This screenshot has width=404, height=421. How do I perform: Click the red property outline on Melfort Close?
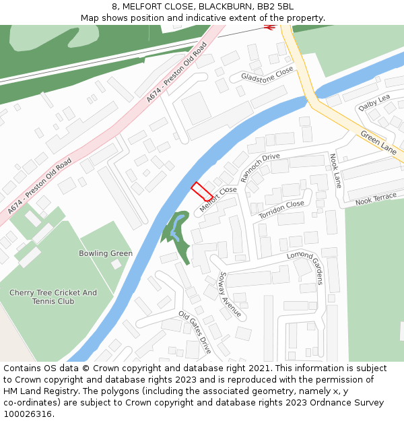[202, 191]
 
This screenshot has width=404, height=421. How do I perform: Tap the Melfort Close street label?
[218, 199]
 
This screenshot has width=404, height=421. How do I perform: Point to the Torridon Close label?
[281, 210]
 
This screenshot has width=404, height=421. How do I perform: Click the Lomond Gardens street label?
[306, 267]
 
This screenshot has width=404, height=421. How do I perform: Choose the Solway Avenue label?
[230, 295]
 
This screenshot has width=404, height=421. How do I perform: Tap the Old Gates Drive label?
[195, 332]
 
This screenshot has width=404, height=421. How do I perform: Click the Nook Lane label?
[335, 171]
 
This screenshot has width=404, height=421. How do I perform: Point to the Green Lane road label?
[379, 143]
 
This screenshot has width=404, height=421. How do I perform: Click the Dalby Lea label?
[374, 102]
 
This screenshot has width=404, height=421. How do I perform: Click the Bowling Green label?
[106, 253]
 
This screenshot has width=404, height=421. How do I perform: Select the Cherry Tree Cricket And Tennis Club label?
[53, 297]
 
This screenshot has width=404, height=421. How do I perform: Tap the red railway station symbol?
[270, 27]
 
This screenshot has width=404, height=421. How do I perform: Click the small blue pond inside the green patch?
[174, 232]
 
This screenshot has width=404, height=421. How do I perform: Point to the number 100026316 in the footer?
[28, 414]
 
